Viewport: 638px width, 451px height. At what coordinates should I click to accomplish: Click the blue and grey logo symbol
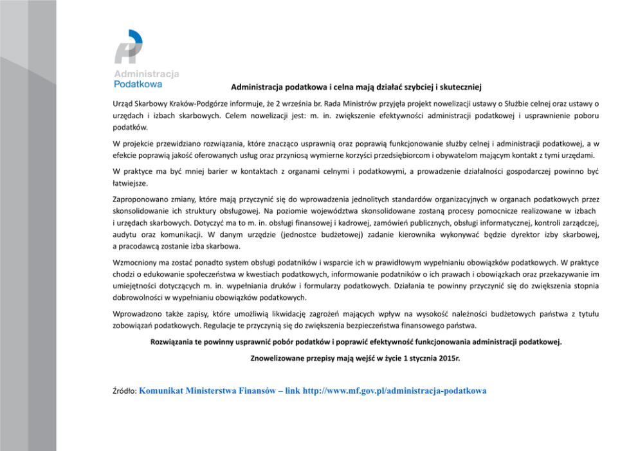click(129, 46)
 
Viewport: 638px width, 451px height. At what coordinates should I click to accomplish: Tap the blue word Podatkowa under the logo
click(138, 84)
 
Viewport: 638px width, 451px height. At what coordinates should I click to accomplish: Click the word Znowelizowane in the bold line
click(278, 356)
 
